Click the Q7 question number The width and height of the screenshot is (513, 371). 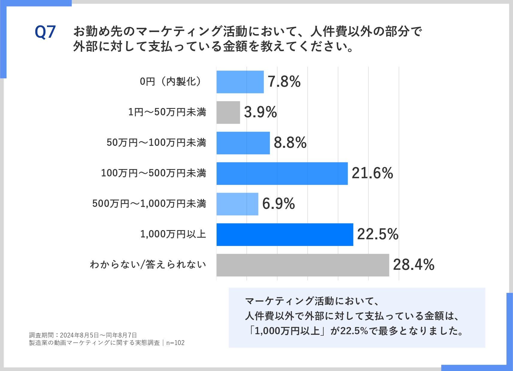45,32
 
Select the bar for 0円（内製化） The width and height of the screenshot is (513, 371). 240,82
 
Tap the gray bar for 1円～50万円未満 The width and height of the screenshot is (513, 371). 228,112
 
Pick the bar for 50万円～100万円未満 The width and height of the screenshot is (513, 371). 243,143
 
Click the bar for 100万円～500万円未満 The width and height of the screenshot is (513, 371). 282,174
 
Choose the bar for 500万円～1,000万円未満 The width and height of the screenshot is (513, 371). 237,204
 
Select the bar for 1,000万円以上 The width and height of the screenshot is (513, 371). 285,235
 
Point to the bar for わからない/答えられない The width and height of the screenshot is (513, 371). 302,265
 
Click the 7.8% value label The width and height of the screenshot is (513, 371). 284,82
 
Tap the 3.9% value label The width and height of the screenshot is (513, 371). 260,112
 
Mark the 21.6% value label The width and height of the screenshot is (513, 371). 372,173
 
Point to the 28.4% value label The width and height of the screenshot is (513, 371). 414,265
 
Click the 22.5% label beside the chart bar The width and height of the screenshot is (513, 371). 378,234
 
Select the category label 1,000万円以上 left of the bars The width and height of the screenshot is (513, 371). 173,234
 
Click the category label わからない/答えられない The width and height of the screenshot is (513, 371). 148,264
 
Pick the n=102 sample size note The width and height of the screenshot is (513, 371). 175,343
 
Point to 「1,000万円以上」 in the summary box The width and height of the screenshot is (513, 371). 288,331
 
